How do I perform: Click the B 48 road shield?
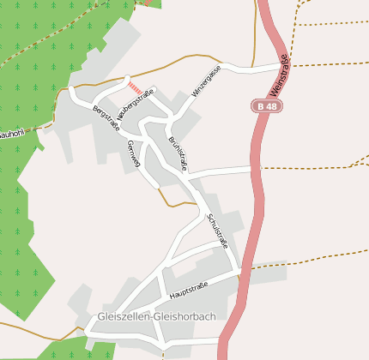[x=266, y=105]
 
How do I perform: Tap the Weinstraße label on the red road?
[x=279, y=75]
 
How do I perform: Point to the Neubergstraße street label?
[x=136, y=105]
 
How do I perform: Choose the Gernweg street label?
[x=132, y=153]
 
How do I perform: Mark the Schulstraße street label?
[x=217, y=230]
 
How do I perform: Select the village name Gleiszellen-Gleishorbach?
[x=156, y=315]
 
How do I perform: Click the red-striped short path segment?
[x=135, y=87]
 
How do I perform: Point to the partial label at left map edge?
[x=10, y=135]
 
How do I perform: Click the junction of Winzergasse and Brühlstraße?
[x=175, y=117]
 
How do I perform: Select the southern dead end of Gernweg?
[x=155, y=185]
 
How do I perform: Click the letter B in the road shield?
[x=260, y=105]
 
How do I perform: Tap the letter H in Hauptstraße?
[x=172, y=297]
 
